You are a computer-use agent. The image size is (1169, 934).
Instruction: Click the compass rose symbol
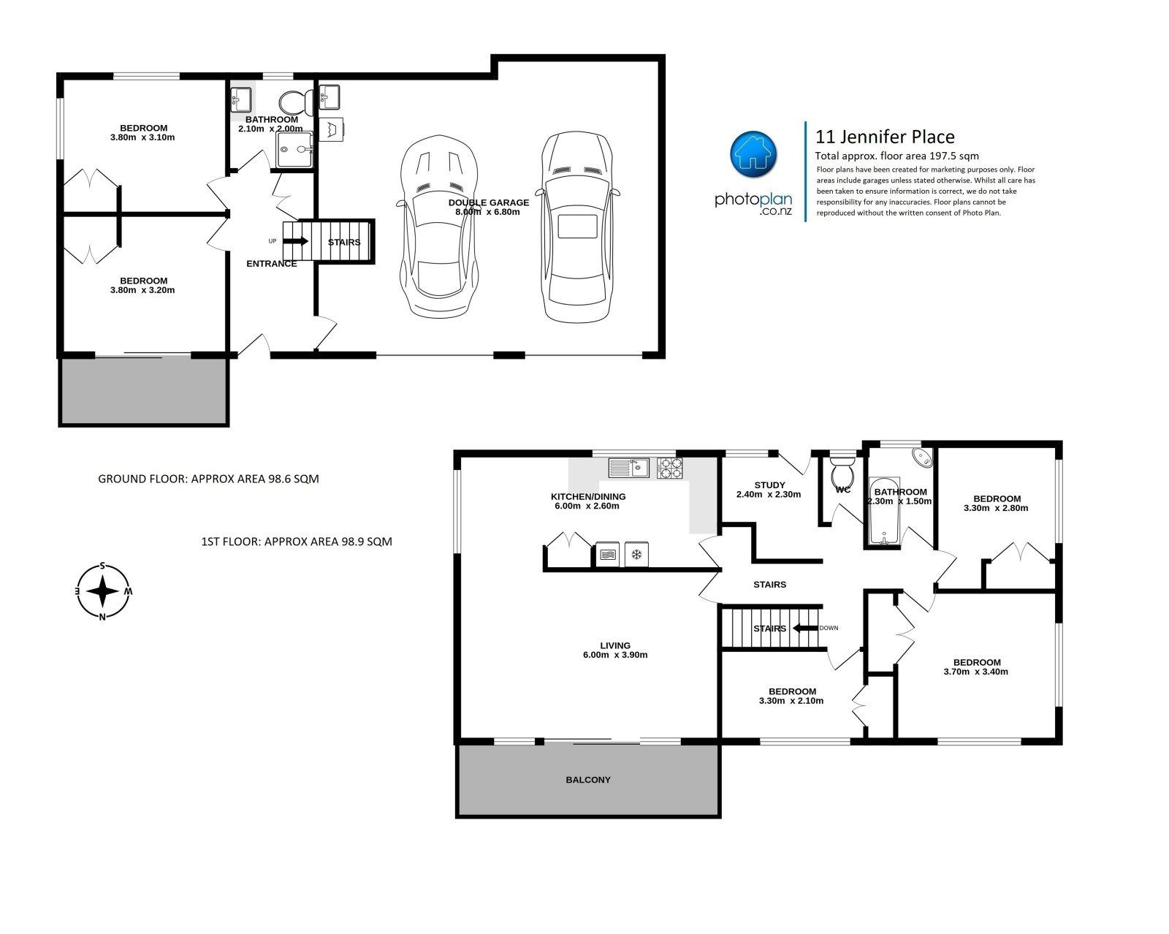click(103, 591)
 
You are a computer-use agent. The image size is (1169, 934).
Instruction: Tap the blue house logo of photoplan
click(753, 154)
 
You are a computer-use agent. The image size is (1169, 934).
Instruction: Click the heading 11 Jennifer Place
click(885, 137)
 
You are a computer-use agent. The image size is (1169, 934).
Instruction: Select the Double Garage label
click(488, 202)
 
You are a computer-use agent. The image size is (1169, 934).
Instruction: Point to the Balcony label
click(587, 780)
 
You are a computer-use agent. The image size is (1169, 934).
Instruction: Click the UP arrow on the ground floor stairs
click(295, 241)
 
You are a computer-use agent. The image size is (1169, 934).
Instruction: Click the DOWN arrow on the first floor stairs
click(805, 628)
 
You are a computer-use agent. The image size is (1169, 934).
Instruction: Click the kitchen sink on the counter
click(628, 468)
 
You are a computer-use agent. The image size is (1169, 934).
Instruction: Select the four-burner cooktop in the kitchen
click(669, 468)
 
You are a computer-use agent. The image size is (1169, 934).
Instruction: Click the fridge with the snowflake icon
click(636, 554)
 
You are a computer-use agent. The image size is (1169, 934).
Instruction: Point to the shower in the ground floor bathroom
click(295, 149)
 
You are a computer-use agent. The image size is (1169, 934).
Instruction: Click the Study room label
click(769, 485)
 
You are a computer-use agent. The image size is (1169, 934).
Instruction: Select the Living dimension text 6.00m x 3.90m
click(615, 655)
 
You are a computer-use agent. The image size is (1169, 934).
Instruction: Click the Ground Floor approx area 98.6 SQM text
click(208, 479)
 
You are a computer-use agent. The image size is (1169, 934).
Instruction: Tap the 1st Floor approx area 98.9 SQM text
click(297, 541)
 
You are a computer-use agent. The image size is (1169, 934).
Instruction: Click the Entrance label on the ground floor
click(271, 264)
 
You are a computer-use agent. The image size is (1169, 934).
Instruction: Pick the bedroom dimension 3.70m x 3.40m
click(975, 672)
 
